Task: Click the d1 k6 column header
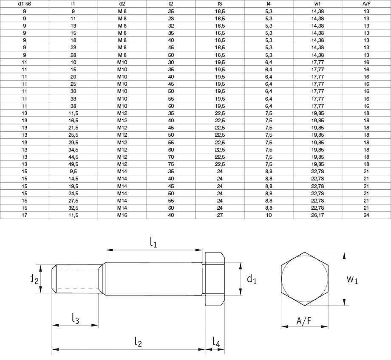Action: tap(25, 4)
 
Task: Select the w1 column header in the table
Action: tap(317, 4)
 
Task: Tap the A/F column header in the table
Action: tap(366, 4)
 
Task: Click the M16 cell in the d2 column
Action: tap(122, 215)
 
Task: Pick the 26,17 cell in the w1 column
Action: tap(317, 215)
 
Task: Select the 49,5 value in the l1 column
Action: tap(73, 164)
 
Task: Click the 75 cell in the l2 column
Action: tap(171, 164)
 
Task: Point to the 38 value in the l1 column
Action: tap(73, 106)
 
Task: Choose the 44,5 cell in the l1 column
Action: tap(73, 157)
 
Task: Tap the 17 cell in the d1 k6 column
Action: tap(25, 215)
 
